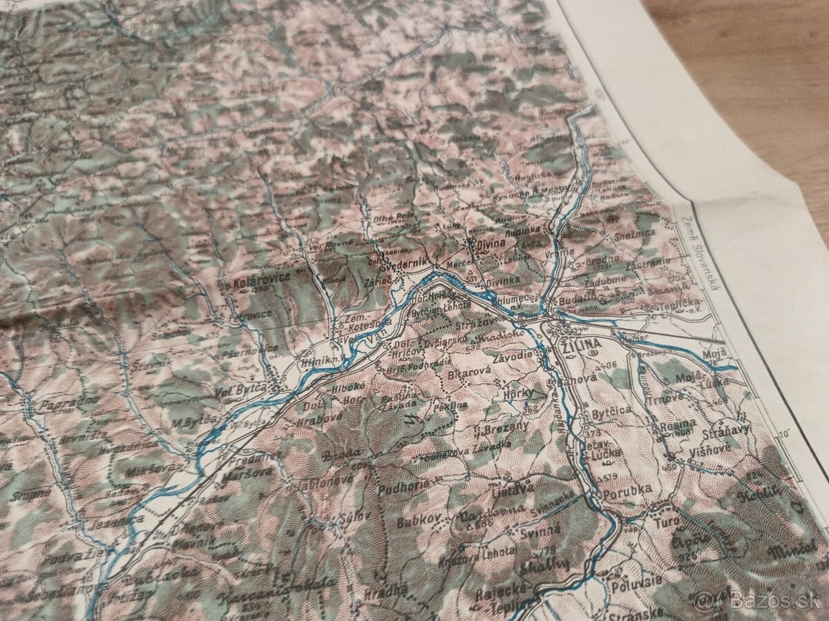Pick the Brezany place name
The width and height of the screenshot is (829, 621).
pyautogui.click(x=506, y=426)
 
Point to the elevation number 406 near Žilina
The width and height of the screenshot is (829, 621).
pyautogui.click(x=607, y=364)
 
